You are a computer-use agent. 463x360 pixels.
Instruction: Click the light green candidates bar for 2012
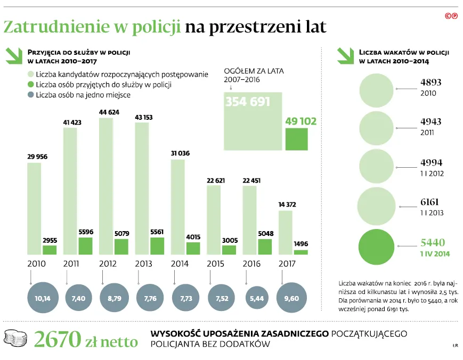(x=106, y=186)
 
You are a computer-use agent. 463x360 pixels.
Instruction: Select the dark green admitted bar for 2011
(x=85, y=246)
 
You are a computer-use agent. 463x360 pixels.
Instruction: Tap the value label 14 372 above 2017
(x=286, y=205)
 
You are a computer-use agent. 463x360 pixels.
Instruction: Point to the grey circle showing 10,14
(x=42, y=298)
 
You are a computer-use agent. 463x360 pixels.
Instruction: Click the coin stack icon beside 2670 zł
(x=16, y=338)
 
